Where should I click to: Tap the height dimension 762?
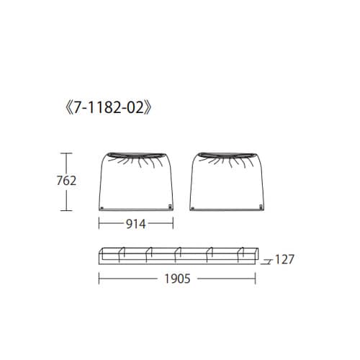[x=66, y=181]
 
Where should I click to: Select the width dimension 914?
[x=136, y=224]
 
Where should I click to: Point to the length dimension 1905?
[x=177, y=279]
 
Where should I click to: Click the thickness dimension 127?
[x=284, y=260]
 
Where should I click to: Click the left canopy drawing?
[x=136, y=184]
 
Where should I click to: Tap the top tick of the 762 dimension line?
[x=66, y=153]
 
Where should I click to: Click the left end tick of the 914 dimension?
[x=99, y=224]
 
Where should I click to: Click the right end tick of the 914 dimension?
[x=174, y=224]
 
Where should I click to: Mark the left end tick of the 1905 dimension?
[x=99, y=279]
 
